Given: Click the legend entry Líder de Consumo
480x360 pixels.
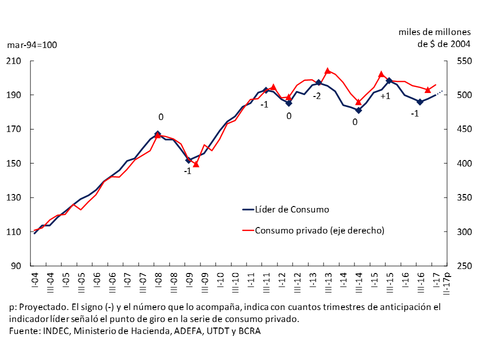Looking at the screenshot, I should point(292,209).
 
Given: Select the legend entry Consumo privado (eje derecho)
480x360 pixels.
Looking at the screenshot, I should point(319,230).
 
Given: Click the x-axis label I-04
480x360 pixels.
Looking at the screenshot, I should point(34,279).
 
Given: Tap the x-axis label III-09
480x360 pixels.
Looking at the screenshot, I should point(204,282).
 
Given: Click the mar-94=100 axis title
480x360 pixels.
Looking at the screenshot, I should point(32,45).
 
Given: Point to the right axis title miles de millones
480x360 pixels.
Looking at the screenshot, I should point(434,32).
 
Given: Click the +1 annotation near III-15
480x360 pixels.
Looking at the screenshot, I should point(385,96).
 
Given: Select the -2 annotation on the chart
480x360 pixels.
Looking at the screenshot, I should point(316,95).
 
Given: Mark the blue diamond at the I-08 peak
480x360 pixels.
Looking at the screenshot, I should point(158,134).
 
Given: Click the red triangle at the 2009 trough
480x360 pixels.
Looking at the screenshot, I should point(196,163).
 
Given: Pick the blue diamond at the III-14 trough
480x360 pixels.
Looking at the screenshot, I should point(358,110).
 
